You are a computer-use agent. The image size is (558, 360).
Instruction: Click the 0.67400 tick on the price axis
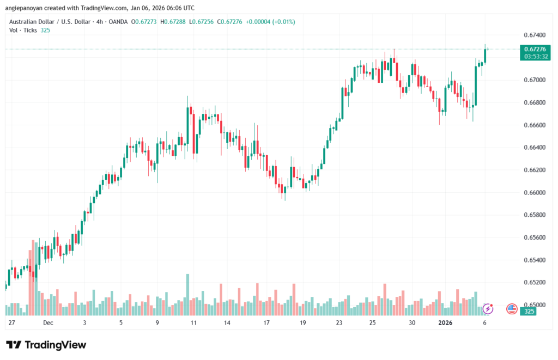point(534,35)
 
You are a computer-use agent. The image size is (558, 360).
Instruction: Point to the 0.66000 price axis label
point(534,192)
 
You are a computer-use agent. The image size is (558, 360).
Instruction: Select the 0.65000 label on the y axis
point(534,304)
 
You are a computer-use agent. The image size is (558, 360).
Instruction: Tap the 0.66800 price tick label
point(534,102)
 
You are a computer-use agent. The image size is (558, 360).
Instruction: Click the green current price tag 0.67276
point(534,49)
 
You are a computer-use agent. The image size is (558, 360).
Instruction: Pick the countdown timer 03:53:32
point(534,56)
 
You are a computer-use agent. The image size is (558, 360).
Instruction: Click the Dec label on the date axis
point(47,322)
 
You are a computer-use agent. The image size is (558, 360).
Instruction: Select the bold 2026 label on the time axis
point(445,322)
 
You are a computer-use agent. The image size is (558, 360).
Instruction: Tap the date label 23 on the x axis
point(339,322)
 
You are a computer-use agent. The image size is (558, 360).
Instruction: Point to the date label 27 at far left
point(11,322)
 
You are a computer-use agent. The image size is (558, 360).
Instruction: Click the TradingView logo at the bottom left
point(46,345)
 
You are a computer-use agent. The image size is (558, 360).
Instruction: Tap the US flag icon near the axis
point(512,309)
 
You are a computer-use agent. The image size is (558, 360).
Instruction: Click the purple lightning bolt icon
point(488,309)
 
